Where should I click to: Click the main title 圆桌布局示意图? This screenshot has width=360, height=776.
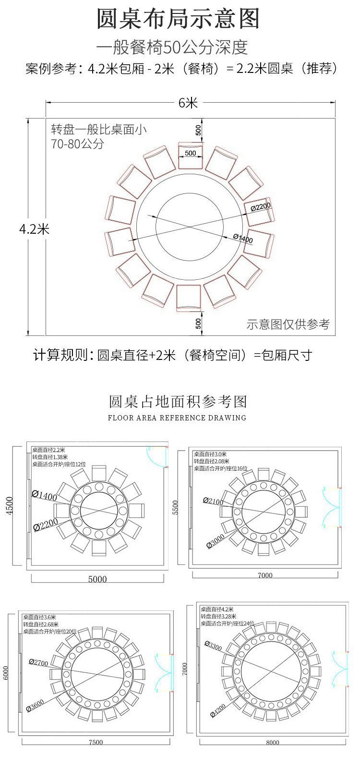(x=178, y=19)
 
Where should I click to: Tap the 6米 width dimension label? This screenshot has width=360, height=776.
(x=188, y=103)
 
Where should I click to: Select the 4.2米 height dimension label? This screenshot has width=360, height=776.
(x=34, y=228)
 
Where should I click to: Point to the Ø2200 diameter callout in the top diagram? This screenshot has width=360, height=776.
(x=261, y=207)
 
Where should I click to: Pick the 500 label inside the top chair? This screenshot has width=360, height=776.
(x=190, y=153)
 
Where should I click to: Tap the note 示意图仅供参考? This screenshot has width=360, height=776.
(x=288, y=324)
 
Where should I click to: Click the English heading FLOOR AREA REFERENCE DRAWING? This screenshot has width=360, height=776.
(x=177, y=418)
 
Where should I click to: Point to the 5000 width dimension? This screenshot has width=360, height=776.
(x=97, y=579)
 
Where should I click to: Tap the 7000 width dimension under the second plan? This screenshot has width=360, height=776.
(x=265, y=575)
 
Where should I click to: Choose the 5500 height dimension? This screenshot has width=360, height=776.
(x=175, y=508)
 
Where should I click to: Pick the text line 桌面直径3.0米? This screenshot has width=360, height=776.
(x=210, y=454)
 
